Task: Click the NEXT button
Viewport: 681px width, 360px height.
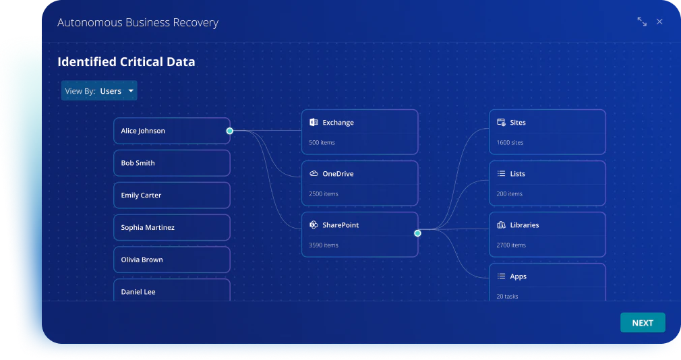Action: coord(643,323)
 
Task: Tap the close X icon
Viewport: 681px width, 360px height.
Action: coord(659,22)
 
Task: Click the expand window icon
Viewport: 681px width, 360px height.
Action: coord(641,22)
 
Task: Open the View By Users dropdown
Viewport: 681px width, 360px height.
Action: coord(99,91)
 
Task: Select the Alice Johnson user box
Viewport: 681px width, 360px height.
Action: coord(171,131)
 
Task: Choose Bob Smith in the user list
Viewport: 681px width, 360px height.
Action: coord(171,163)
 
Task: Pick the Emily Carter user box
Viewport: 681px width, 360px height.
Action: coord(171,195)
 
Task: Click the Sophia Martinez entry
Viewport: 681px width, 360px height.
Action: coord(171,227)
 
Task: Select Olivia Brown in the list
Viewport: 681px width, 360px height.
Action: coord(171,260)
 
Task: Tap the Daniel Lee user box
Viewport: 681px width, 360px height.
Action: coord(171,290)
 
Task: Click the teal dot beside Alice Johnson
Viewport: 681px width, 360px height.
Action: coord(230,131)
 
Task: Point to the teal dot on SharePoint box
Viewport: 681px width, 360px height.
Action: coord(417,233)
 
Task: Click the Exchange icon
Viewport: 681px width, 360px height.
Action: coord(314,123)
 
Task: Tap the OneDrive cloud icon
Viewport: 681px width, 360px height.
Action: coord(314,174)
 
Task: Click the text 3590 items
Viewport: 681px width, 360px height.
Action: coord(324,245)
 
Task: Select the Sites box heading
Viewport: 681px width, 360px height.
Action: coord(518,123)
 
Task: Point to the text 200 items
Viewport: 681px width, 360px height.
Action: coord(510,193)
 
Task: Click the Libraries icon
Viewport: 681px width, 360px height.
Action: coord(501,225)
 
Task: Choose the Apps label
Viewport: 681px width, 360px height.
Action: coord(518,276)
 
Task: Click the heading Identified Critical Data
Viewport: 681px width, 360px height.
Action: coord(126,61)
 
